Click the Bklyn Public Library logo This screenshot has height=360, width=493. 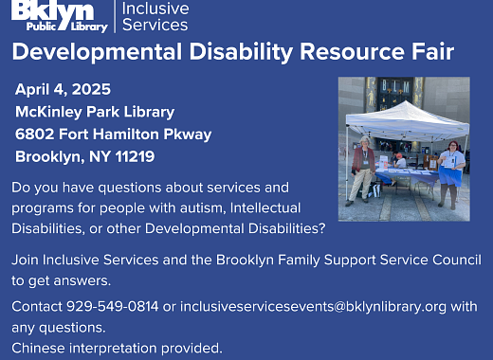click(54, 16)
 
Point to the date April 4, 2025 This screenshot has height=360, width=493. click(63, 90)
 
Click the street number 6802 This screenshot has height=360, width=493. click(37, 135)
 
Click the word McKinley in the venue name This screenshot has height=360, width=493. click(48, 112)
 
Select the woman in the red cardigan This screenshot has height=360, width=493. click(363, 166)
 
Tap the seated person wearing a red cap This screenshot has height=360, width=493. click(400, 160)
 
